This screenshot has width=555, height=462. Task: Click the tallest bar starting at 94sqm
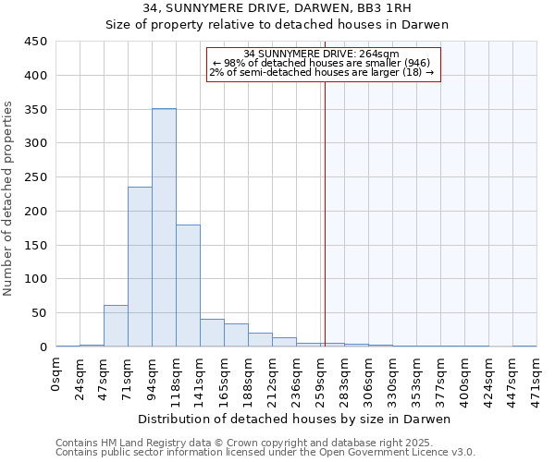click(164, 227)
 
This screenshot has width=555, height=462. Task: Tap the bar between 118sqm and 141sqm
click(188, 286)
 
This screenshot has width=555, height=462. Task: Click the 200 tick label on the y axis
click(36, 211)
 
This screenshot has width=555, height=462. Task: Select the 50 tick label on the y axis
click(40, 313)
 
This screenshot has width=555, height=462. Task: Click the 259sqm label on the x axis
click(321, 378)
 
